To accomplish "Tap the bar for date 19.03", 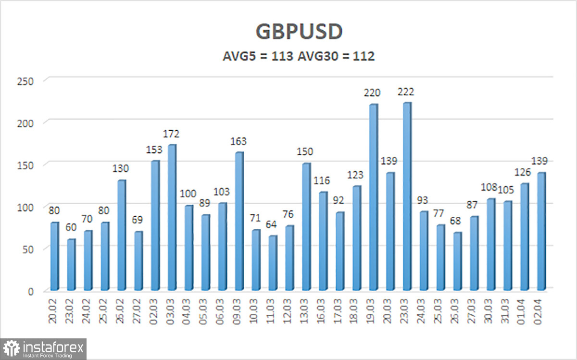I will (373, 197).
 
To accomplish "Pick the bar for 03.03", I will (171, 217).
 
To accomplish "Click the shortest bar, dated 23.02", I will (71, 264).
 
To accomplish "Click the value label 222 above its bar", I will (406, 91).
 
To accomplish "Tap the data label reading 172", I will (171, 134).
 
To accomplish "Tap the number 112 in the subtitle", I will (364, 56).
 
